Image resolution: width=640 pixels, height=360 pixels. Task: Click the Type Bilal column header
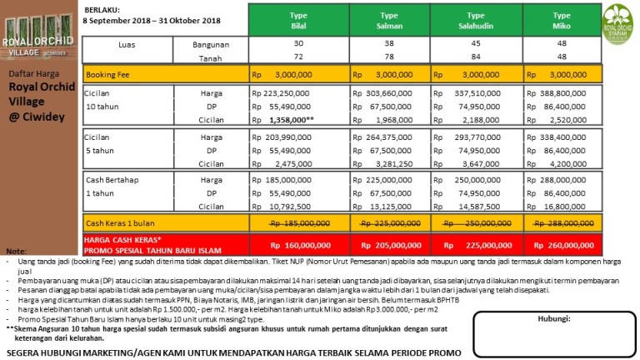coord(298,21)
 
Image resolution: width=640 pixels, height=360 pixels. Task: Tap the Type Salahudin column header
coord(476,21)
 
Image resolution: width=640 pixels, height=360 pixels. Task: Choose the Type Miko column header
coord(562,21)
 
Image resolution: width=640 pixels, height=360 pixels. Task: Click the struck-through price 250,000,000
coord(479,223)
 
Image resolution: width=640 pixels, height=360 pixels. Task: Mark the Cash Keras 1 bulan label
coord(120,223)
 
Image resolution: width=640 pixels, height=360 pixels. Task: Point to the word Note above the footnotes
coord(16,251)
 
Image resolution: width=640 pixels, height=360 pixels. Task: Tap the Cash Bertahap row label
coord(113,179)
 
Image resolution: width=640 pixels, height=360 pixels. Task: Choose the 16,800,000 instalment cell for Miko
coord(562,206)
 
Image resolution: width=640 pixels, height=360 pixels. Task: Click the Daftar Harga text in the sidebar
coord(32,73)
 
